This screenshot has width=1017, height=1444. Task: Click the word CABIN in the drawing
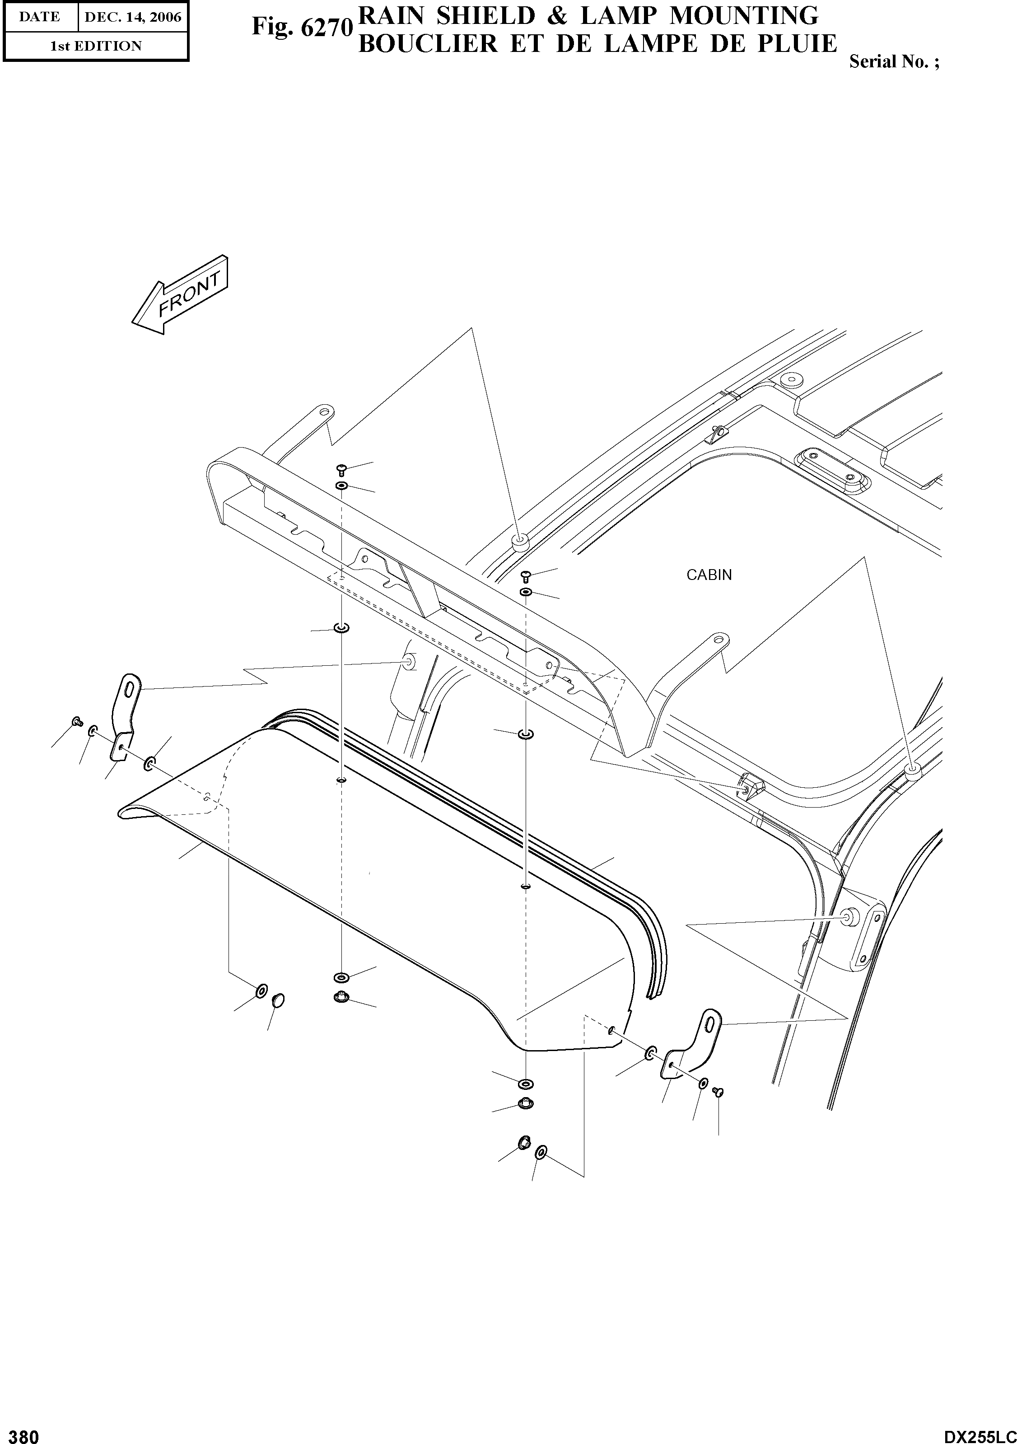tap(709, 575)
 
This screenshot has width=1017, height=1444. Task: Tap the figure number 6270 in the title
tap(326, 27)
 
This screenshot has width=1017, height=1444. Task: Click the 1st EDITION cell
tap(96, 46)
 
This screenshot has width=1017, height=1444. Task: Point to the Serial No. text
tap(894, 61)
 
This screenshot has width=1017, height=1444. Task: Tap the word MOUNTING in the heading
tap(744, 15)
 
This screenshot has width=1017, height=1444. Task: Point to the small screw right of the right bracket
tap(719, 1092)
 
